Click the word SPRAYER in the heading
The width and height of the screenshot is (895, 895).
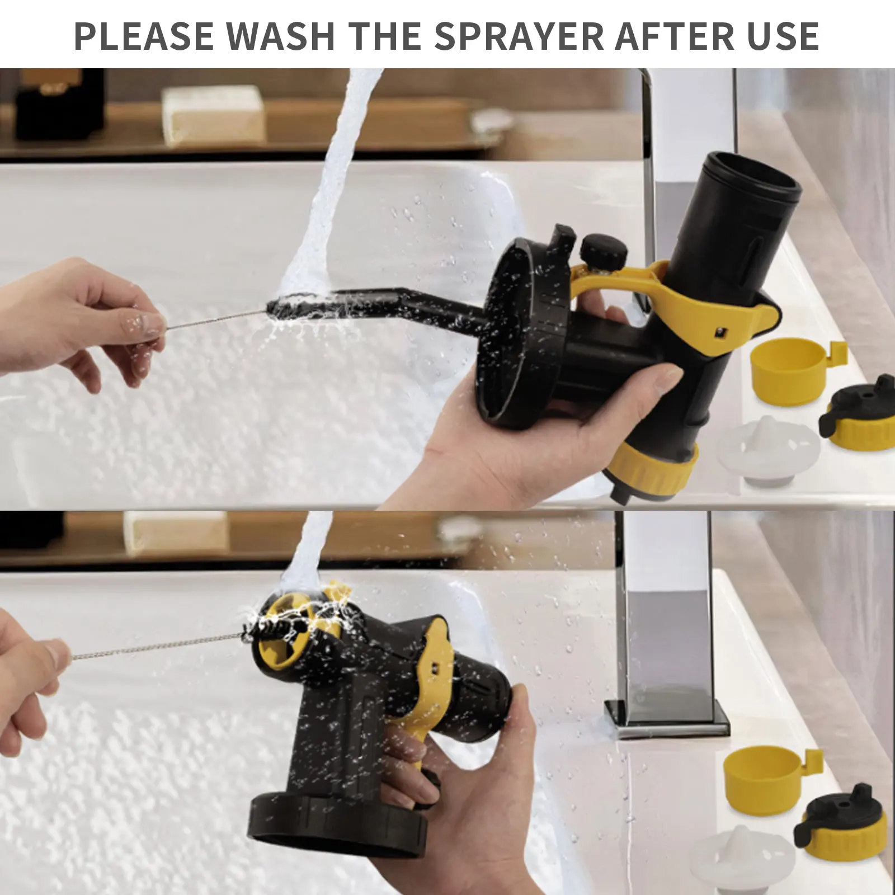tap(520, 36)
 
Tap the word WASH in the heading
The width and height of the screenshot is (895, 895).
tap(281, 36)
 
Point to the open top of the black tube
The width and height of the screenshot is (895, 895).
tap(753, 173)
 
